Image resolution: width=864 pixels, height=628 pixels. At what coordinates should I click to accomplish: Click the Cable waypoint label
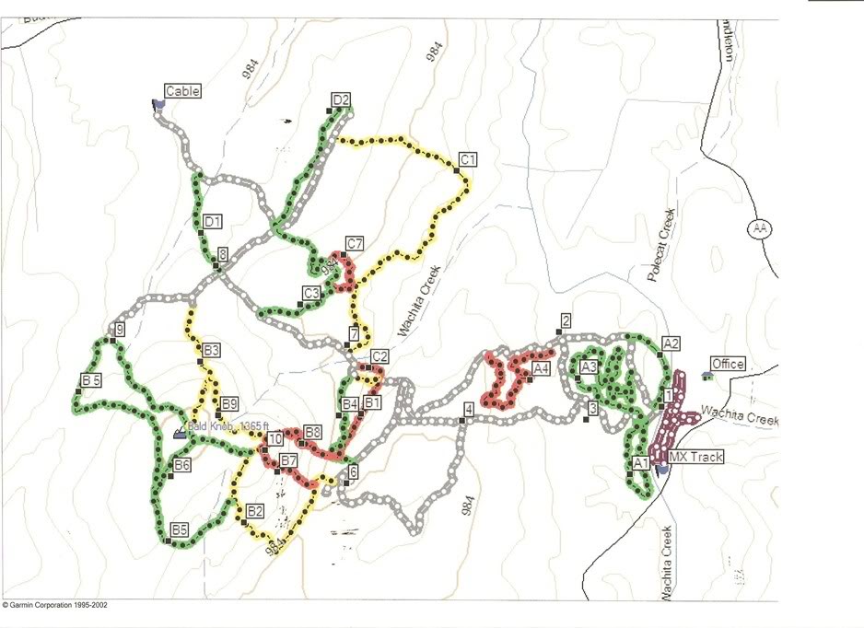(x=182, y=90)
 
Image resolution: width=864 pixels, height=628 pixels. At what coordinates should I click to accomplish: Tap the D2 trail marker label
(x=341, y=99)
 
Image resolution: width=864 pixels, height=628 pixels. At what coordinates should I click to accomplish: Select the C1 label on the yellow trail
(x=468, y=159)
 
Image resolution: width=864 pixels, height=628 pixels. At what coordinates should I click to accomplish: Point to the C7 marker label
(x=355, y=243)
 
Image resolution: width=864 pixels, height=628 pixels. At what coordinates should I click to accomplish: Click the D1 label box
(x=213, y=221)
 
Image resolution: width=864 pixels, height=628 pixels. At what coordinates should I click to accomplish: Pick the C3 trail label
(x=311, y=293)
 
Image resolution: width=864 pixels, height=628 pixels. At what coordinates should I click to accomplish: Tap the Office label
(x=728, y=365)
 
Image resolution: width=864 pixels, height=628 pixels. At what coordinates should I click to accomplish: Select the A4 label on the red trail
(x=542, y=368)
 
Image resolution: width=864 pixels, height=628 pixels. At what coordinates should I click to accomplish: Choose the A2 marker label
(x=671, y=343)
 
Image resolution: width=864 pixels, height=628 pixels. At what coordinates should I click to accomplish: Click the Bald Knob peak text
(x=227, y=426)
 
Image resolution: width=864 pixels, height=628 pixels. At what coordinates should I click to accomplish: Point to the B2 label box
(x=255, y=510)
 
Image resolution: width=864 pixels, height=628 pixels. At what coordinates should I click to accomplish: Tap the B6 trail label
(x=182, y=465)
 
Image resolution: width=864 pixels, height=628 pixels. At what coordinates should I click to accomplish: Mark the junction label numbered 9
(x=118, y=329)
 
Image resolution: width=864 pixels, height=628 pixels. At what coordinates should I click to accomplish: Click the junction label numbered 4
(x=469, y=410)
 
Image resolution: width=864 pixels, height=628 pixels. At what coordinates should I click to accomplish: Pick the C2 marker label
(x=379, y=356)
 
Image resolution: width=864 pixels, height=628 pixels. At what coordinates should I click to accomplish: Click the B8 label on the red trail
(x=312, y=432)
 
